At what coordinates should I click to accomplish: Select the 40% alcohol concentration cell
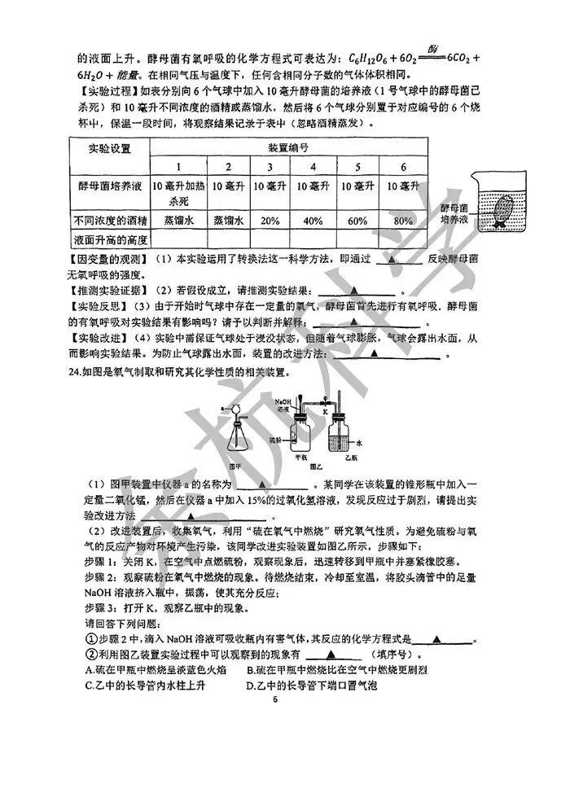pos(312,220)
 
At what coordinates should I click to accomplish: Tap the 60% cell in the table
pos(358,220)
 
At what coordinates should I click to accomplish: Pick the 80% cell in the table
pos(403,220)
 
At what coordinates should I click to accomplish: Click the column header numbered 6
pos(403,167)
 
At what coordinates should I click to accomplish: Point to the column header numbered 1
pos(178,167)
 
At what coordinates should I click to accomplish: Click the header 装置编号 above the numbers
pos(288,148)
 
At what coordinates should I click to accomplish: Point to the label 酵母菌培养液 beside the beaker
pos(454,213)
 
